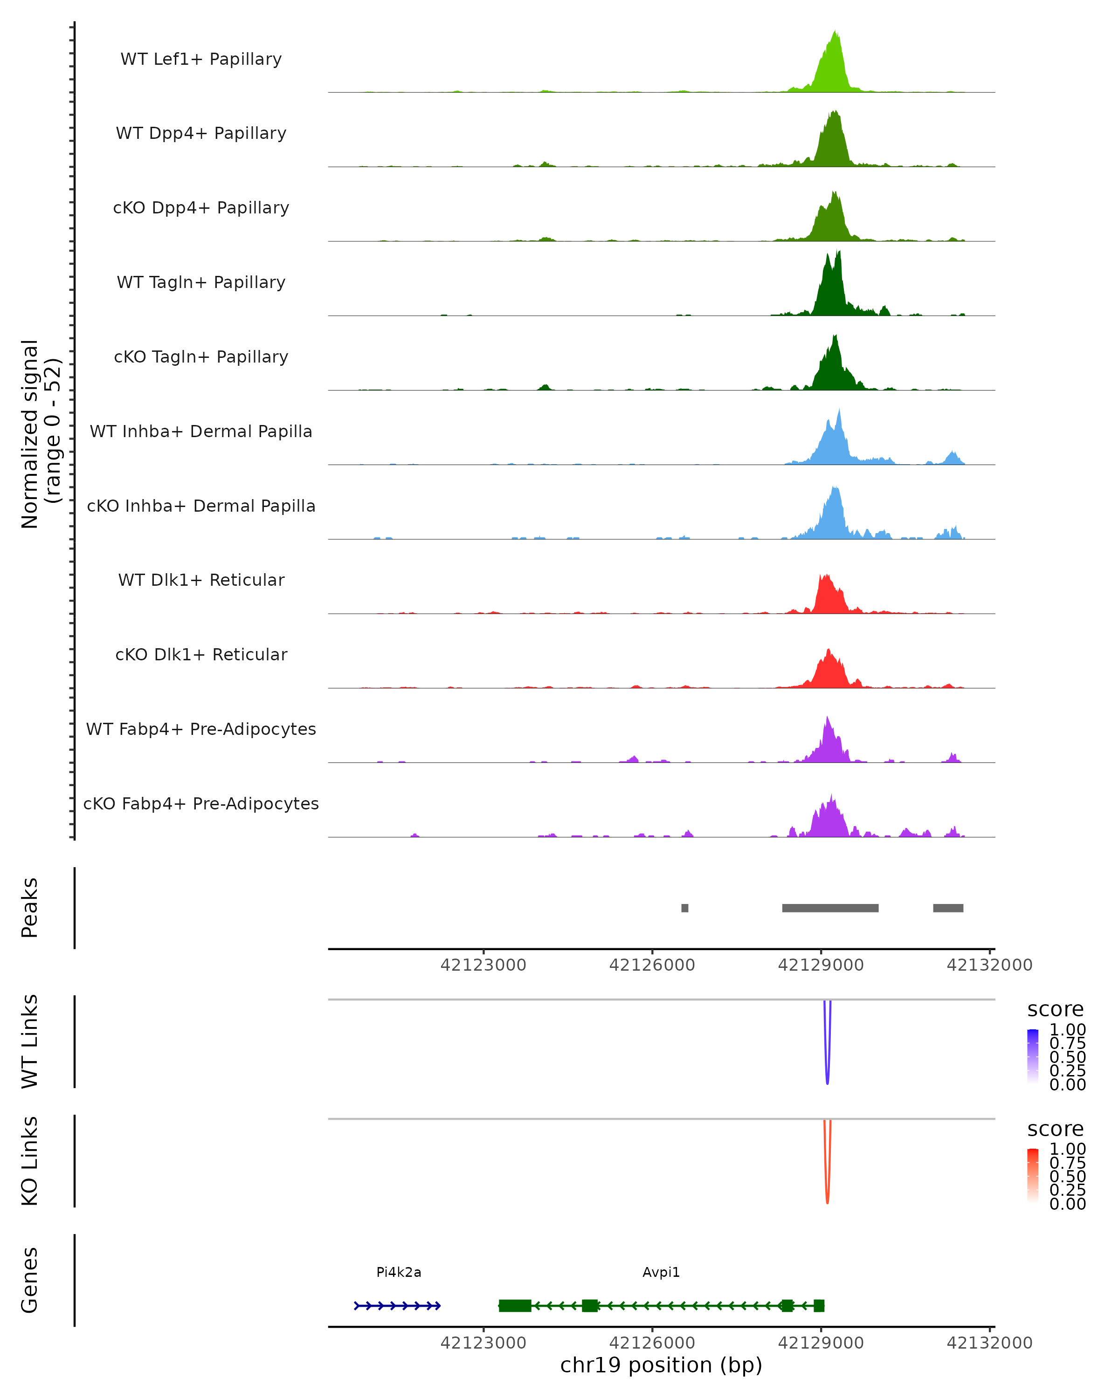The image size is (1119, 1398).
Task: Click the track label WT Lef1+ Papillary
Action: click(201, 59)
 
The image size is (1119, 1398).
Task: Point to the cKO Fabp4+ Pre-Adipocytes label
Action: click(201, 803)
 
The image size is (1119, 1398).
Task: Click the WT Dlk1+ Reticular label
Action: click(201, 580)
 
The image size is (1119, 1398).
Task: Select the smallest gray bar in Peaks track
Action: click(684, 908)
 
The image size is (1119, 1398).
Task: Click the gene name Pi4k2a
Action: click(398, 1272)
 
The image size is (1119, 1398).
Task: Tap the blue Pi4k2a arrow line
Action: click(397, 1305)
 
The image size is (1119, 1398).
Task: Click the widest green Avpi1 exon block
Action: click(514, 1305)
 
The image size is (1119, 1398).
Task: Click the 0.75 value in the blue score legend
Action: click(1067, 1043)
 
